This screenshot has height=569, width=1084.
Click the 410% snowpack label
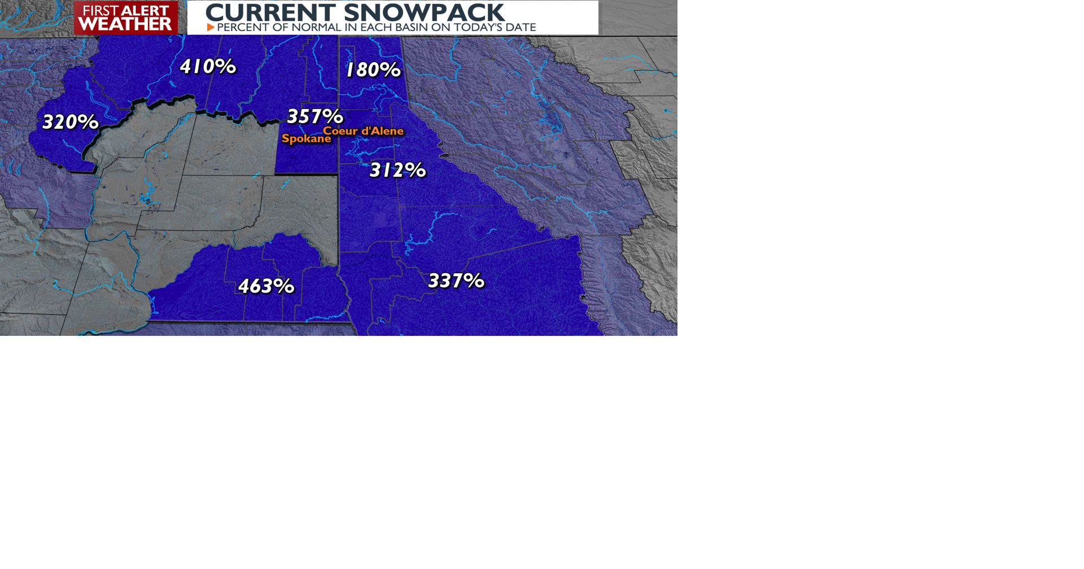pyautogui.click(x=208, y=67)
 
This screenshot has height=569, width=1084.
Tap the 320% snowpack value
pyautogui.click(x=71, y=122)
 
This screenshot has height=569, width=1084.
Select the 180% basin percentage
pyautogui.click(x=373, y=70)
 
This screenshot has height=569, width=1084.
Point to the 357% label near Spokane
pyautogui.click(x=315, y=116)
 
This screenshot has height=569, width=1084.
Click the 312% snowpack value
pyautogui.click(x=397, y=170)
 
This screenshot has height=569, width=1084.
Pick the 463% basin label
pyautogui.click(x=266, y=286)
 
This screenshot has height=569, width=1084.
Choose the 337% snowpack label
pyautogui.click(x=456, y=281)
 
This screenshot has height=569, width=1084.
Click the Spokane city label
pyautogui.click(x=306, y=139)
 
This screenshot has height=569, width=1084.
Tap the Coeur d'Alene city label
pyautogui.click(x=364, y=131)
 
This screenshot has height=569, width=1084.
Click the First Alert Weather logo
pyautogui.click(x=125, y=18)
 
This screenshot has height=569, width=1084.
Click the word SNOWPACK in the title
pyautogui.click(x=423, y=12)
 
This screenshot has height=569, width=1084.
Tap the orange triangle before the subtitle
pyautogui.click(x=211, y=27)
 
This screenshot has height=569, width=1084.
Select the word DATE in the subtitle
pyautogui.click(x=519, y=27)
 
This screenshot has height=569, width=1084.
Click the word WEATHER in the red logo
pyautogui.click(x=125, y=24)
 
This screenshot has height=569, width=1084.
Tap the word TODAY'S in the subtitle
pyautogui.click(x=472, y=27)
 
